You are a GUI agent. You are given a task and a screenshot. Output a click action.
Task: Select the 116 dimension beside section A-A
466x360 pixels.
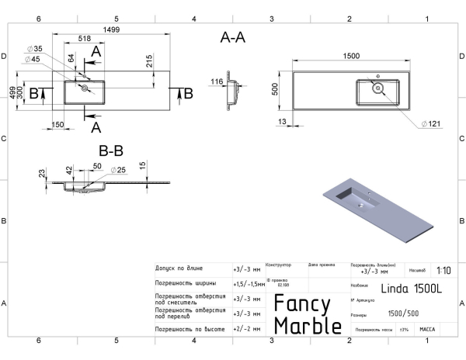pos(216,81)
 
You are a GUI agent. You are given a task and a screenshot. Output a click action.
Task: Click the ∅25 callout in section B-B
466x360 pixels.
pos(117,169)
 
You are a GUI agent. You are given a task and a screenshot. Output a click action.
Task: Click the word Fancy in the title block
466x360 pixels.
pos(303,304)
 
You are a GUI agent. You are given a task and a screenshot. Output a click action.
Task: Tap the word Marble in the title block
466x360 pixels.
pos(308,327)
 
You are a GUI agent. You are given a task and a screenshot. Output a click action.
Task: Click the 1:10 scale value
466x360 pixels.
pos(443,270)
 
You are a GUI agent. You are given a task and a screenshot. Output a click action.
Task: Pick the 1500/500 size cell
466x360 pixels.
pos(404,314)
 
